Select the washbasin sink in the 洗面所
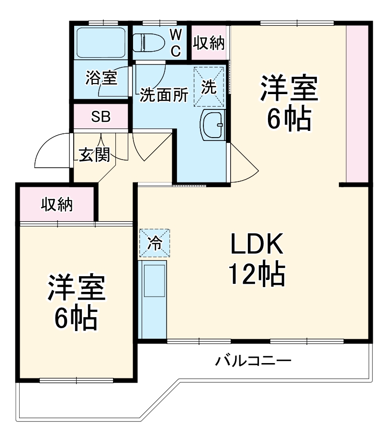click(212, 125)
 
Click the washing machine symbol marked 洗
click(209, 86)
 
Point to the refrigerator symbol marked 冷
click(154, 243)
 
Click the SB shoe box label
click(101, 117)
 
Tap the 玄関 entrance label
click(94, 154)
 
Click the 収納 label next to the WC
click(209, 43)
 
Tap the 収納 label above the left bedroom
click(56, 204)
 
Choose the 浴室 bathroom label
click(101, 77)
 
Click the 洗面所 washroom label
click(163, 96)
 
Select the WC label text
click(176, 42)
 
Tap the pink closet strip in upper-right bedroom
click(357, 103)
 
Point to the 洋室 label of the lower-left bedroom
click(76, 287)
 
